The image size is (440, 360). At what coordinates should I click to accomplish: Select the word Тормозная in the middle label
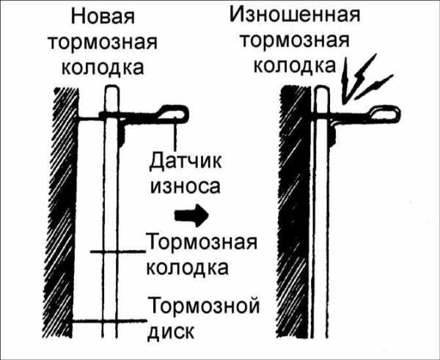(x=201, y=242)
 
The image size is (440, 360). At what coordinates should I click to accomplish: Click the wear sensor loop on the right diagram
(x=386, y=113)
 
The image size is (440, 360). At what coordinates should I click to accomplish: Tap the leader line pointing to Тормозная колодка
(x=117, y=252)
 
